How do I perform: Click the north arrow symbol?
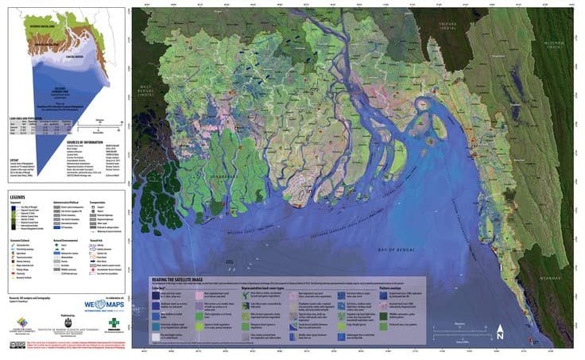click(499, 331)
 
